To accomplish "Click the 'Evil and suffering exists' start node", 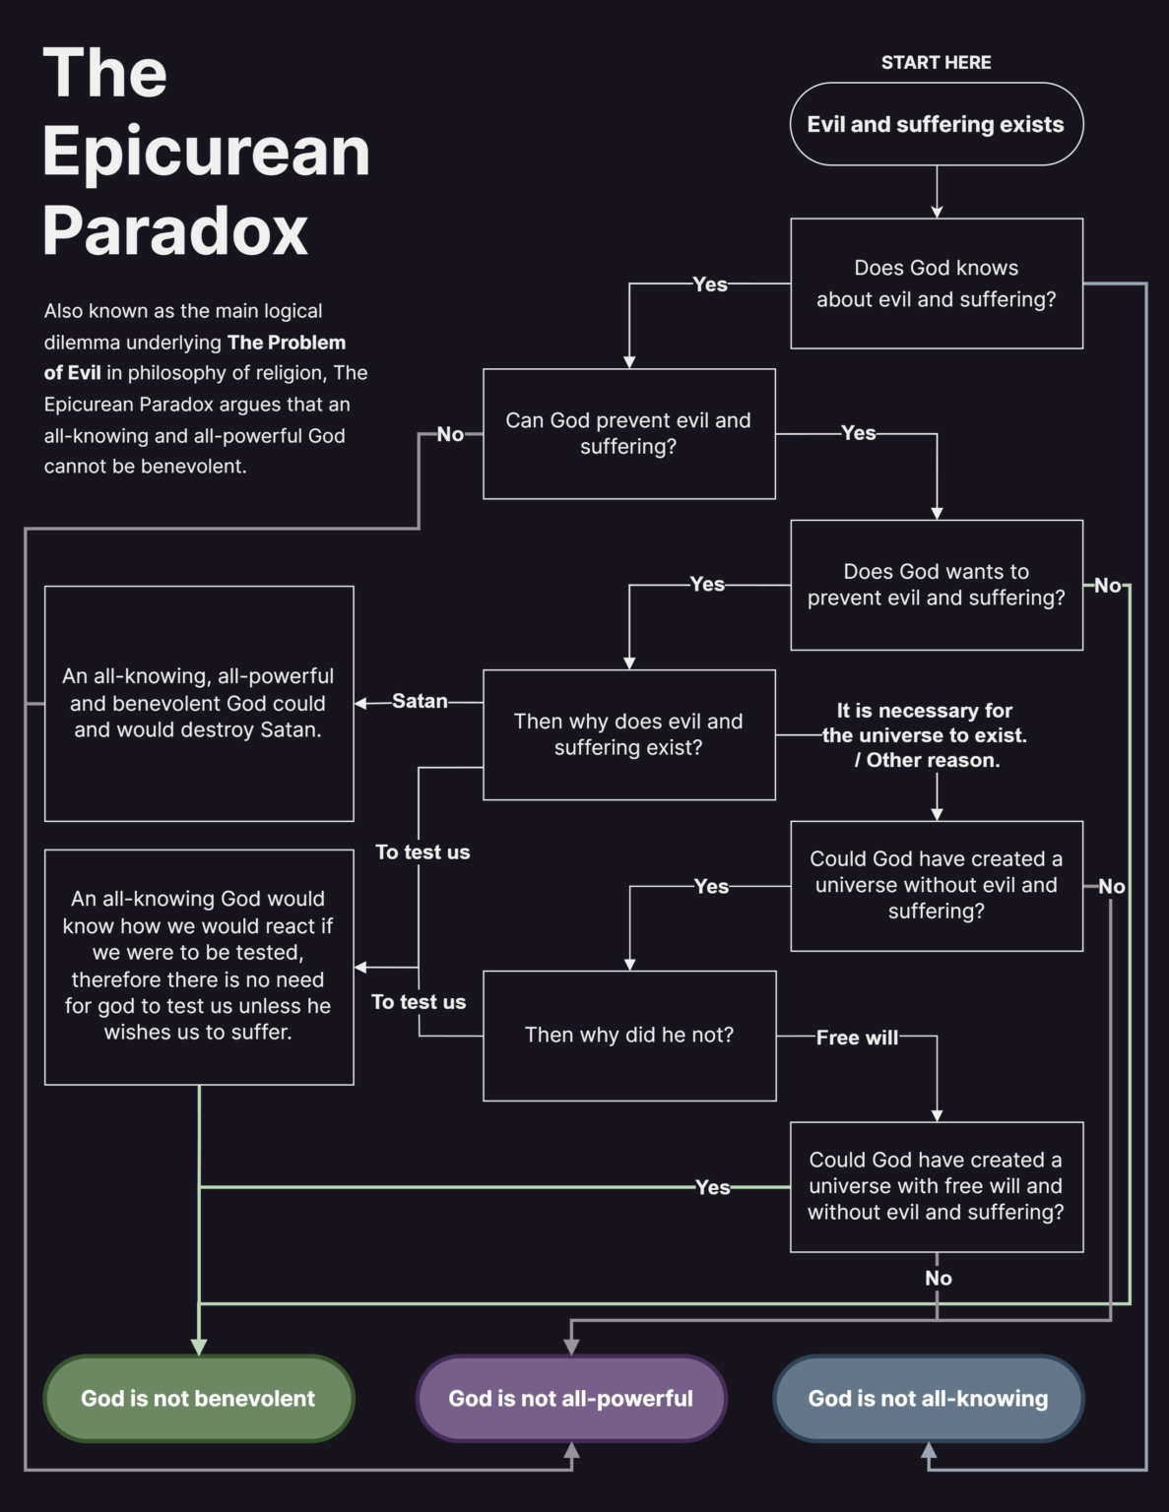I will point(936,124).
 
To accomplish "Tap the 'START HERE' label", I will point(936,62).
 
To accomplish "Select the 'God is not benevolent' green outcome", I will point(198,1398).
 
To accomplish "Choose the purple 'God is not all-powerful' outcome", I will point(570,1398).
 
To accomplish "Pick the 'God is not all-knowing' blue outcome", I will point(928,1398).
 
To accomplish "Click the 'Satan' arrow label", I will point(420,701).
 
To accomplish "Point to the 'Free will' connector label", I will point(857,1037).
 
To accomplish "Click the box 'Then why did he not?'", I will point(629,1035).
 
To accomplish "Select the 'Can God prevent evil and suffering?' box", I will point(628,433).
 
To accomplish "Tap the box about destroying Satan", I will point(198,703).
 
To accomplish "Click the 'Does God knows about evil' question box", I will point(936,283).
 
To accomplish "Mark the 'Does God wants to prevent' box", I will point(936,585).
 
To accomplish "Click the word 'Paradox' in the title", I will point(175,230).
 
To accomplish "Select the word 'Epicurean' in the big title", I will point(206,152).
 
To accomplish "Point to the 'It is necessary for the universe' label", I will point(925,735).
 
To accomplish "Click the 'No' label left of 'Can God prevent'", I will point(450,434).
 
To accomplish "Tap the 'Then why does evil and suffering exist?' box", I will point(628,734).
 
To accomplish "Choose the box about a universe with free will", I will point(936,1186).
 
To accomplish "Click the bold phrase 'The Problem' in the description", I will point(287,343).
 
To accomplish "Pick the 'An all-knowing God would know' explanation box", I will point(198,966).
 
